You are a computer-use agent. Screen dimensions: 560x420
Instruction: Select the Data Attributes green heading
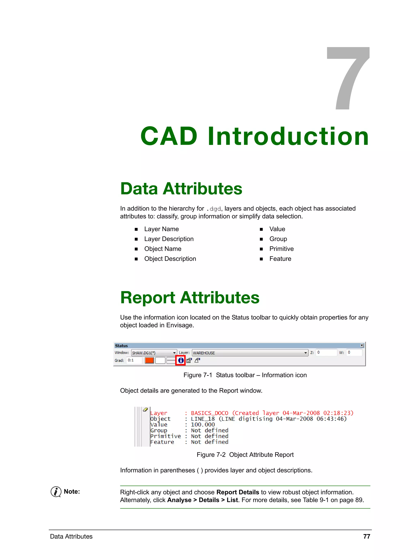pyautogui.click(x=181, y=189)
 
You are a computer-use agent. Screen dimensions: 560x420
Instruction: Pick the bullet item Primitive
pyautogui.click(x=281, y=249)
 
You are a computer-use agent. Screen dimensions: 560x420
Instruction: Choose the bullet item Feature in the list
pyautogui.click(x=280, y=259)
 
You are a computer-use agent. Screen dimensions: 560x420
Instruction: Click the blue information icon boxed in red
pyautogui.click(x=180, y=360)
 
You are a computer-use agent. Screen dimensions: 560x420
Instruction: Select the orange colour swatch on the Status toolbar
pyautogui.click(x=149, y=360)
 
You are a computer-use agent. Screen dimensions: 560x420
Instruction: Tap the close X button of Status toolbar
pyautogui.click(x=362, y=345)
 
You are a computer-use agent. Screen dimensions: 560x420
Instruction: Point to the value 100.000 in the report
pyautogui.click(x=203, y=424)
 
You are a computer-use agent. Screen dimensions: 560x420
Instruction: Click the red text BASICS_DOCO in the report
pyautogui.click(x=209, y=413)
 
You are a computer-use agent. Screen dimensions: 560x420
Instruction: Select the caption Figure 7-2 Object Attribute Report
pyautogui.click(x=245, y=455)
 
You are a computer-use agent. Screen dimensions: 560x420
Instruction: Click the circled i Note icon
pyautogui.click(x=56, y=492)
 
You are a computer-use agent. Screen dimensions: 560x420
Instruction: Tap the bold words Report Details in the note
pyautogui.click(x=237, y=492)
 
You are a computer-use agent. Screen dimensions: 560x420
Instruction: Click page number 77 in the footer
pyautogui.click(x=366, y=536)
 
